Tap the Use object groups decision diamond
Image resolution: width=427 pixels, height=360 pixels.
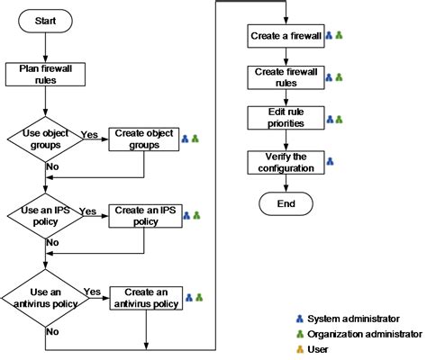point(41,138)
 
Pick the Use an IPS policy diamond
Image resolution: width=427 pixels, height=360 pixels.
point(41,216)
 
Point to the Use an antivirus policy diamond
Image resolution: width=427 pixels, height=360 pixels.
point(41,296)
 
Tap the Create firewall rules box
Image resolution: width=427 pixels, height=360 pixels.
point(285,77)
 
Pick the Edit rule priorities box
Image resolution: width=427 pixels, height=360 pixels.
point(285,118)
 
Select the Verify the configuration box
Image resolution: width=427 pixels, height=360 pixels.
point(285,162)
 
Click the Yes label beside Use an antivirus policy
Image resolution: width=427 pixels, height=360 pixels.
point(92,291)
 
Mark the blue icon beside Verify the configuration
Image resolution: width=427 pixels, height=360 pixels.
point(330,162)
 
